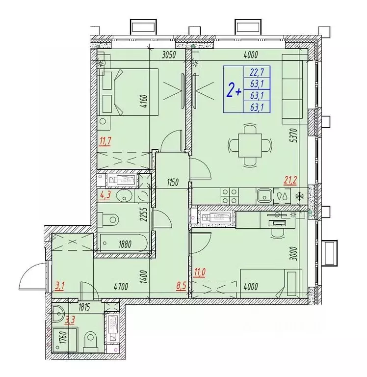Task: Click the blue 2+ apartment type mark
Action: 234,90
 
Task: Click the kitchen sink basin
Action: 264,195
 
